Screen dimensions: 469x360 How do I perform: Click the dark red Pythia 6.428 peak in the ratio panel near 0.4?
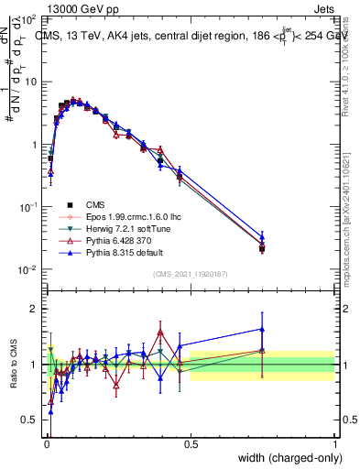click(160, 331)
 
